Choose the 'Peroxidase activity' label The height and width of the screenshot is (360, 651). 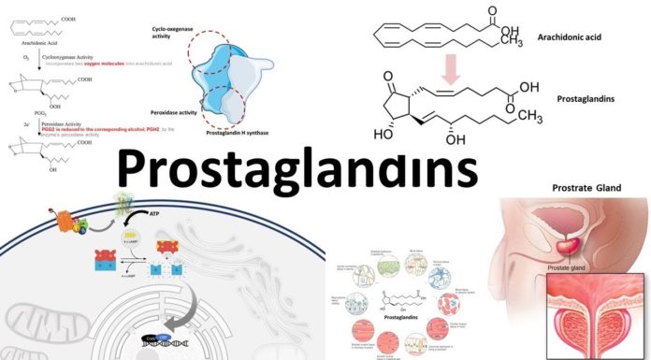point(177,109)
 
